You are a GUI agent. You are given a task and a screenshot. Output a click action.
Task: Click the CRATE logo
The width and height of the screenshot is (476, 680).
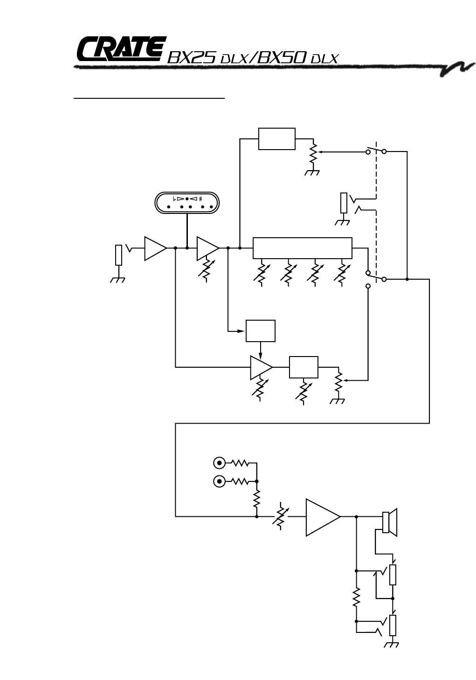121,49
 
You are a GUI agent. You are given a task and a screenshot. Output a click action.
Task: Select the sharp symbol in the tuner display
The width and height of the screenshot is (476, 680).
200,199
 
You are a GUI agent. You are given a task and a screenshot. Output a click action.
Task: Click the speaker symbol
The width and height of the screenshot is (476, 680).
389,522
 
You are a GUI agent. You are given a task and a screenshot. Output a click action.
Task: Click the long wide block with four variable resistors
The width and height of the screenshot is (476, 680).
302,248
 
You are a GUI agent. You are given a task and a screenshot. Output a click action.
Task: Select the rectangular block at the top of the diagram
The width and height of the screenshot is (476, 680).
276,139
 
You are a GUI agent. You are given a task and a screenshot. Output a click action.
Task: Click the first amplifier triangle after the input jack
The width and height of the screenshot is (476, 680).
154,248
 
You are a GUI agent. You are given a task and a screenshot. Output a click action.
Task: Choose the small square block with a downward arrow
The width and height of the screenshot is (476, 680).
261,331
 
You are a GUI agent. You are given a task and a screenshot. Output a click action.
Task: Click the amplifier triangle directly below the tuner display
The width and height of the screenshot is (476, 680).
207,248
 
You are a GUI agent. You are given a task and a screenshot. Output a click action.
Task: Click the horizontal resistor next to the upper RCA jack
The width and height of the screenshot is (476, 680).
240,463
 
